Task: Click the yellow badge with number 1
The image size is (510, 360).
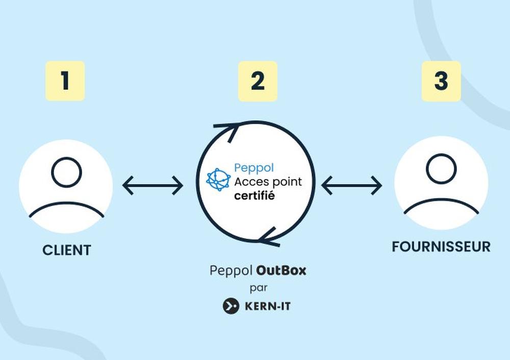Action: click(65, 81)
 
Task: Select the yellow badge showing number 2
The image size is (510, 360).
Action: click(258, 81)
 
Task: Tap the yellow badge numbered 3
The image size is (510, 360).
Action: click(441, 81)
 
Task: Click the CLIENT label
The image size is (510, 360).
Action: click(67, 250)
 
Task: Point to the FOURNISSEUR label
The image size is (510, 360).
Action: click(441, 247)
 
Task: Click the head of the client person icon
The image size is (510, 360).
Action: click(66, 172)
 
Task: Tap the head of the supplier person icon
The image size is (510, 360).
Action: click(441, 169)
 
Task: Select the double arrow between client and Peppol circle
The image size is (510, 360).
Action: click(152, 186)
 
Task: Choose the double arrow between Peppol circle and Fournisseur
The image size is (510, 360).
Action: click(351, 186)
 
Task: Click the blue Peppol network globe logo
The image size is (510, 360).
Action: click(218, 179)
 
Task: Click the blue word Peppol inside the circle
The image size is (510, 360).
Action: click(253, 167)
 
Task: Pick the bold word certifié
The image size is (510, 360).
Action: click(254, 195)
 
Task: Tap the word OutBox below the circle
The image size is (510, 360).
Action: click(281, 270)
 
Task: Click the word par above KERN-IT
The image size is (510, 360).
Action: click(259, 288)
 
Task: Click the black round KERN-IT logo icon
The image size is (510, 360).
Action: click(231, 306)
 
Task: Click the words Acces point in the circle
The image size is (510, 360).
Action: click(268, 182)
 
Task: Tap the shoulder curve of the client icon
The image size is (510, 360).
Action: click(66, 208)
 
